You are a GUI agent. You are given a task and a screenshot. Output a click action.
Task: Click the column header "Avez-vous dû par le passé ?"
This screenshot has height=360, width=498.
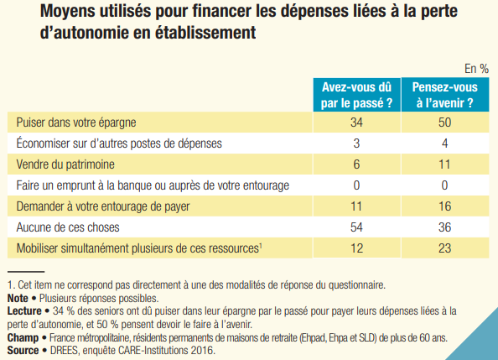tap(357, 95)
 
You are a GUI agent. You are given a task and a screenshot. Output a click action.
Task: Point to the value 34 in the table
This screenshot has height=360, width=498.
tap(358, 123)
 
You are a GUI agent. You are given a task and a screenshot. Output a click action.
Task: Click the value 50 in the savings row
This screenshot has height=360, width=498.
tap(444, 123)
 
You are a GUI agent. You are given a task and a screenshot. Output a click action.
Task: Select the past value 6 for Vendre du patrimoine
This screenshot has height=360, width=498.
tap(358, 164)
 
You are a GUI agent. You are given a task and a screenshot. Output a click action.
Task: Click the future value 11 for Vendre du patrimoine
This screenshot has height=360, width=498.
tap(444, 164)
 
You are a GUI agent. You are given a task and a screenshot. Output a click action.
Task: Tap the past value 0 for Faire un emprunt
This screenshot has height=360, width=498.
tap(358, 185)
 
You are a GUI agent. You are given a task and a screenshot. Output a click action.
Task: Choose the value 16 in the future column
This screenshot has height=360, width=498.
tap(444, 206)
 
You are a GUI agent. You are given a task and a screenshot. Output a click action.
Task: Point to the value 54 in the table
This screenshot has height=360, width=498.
tap(358, 227)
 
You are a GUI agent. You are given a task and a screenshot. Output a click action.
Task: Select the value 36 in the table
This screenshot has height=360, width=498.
tap(444, 227)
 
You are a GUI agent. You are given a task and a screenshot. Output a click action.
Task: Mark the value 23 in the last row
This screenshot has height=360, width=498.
tap(444, 248)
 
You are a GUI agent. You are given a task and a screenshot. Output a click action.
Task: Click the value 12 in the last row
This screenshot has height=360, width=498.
tap(358, 248)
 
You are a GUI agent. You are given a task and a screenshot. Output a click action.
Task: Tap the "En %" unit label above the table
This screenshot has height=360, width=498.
tap(476, 69)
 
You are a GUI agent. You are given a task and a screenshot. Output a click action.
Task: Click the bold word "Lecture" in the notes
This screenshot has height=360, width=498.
tap(23, 310)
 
